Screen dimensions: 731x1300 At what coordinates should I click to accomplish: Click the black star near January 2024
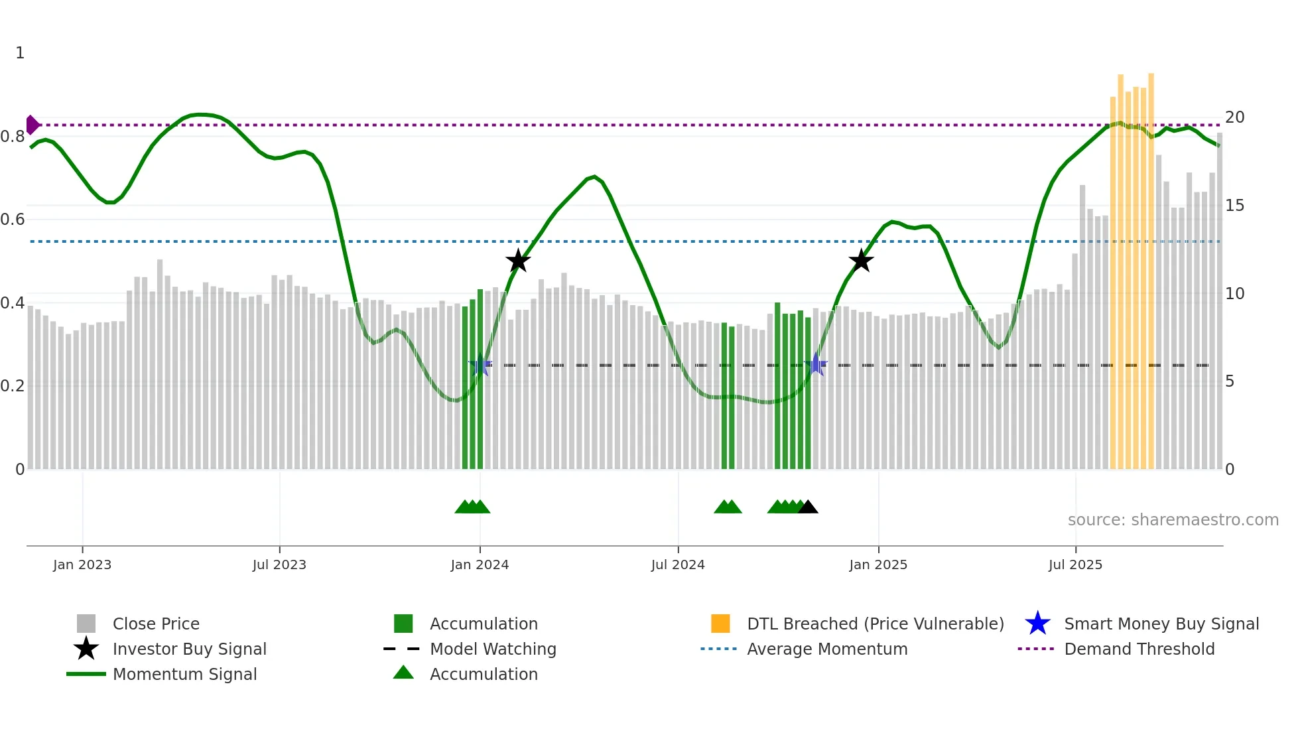click(x=518, y=261)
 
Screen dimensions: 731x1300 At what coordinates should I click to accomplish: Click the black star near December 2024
click(x=861, y=261)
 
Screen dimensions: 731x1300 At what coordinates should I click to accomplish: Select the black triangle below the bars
click(x=808, y=507)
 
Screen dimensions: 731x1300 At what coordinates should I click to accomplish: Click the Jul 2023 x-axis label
click(x=279, y=565)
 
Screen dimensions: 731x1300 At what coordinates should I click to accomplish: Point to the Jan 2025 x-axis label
click(x=878, y=565)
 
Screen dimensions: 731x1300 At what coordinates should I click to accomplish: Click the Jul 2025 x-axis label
click(x=1075, y=565)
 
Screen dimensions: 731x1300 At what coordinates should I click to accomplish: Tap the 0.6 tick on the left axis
click(x=13, y=220)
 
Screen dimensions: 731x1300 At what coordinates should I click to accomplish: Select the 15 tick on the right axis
click(x=1234, y=206)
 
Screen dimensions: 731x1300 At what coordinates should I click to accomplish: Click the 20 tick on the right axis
click(x=1234, y=117)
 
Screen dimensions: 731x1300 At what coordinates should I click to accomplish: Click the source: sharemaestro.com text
click(x=1173, y=520)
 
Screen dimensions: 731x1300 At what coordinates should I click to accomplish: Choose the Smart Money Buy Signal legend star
click(x=1037, y=624)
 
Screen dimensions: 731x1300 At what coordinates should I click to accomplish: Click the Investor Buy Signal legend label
click(x=189, y=649)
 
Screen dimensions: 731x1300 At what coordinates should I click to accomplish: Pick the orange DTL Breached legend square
click(x=720, y=624)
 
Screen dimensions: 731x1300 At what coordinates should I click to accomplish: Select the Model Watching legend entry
click(x=493, y=649)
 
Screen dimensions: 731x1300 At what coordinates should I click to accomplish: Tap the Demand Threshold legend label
click(x=1139, y=649)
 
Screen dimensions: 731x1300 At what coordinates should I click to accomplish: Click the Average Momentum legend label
click(x=827, y=649)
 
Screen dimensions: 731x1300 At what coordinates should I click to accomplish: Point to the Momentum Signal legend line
click(x=86, y=674)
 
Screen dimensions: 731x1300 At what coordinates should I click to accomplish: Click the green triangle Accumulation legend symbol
click(x=403, y=673)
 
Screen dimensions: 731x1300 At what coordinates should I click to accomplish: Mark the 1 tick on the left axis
click(x=20, y=53)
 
